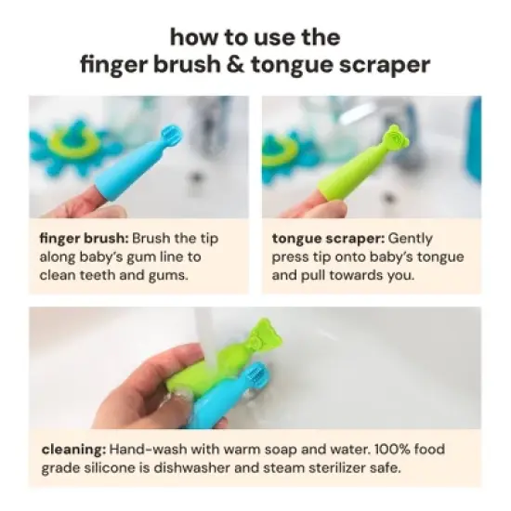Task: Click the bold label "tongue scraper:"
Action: (326, 237)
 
